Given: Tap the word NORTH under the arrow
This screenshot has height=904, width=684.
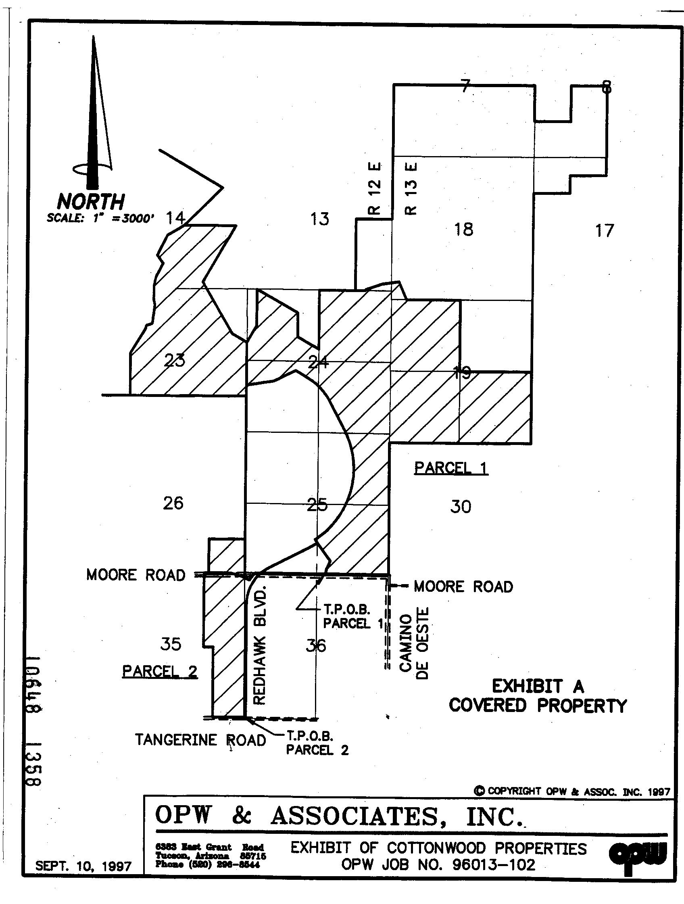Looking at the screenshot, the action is click(x=90, y=201).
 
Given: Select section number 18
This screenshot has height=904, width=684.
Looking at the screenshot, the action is click(x=464, y=229).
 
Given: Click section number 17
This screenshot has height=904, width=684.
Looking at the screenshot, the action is click(x=604, y=231).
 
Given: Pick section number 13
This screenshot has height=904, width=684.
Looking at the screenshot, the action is click(x=319, y=219).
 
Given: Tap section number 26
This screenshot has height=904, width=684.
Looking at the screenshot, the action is click(x=173, y=503).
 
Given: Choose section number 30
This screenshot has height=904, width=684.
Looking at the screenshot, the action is click(x=461, y=507).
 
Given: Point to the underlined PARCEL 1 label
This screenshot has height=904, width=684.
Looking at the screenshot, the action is click(x=451, y=468).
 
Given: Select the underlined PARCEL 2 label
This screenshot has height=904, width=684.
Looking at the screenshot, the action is click(x=160, y=671).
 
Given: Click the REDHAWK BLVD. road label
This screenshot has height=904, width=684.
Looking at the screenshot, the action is click(x=260, y=646).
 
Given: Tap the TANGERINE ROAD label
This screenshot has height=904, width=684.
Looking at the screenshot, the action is click(x=200, y=740).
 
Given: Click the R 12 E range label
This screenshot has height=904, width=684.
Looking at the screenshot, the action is click(x=374, y=189).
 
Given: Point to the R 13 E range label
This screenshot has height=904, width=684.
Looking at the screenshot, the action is click(x=411, y=189).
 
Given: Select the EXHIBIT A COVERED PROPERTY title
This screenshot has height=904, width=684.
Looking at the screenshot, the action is click(x=538, y=696).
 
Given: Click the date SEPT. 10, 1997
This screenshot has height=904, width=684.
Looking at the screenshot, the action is click(x=83, y=866).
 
